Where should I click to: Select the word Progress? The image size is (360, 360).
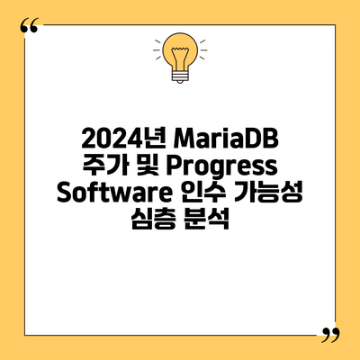(x=222, y=167)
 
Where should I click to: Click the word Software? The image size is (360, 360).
(x=114, y=193)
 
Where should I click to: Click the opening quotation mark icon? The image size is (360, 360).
(x=30, y=25)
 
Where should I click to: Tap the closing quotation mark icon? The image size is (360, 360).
(x=330, y=335)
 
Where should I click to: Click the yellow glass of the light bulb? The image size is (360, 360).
(x=180, y=50)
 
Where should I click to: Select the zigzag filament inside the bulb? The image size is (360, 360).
(x=180, y=57)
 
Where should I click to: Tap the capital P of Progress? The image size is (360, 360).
(x=174, y=166)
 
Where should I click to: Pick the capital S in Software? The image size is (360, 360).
(x=64, y=193)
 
